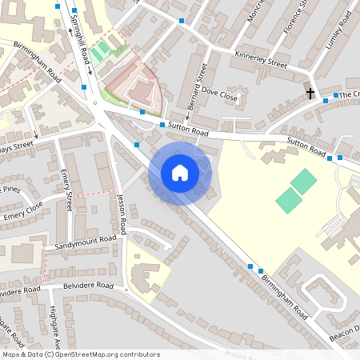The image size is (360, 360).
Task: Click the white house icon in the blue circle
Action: tap(180, 173)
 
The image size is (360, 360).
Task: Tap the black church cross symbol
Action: tap(310, 93)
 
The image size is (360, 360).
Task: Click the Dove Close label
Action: tap(219, 95)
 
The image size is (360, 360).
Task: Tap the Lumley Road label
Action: tap(338, 32)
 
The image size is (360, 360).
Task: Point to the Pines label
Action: tap(10, 190)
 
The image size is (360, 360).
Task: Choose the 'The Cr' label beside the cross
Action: tap(350, 94)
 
